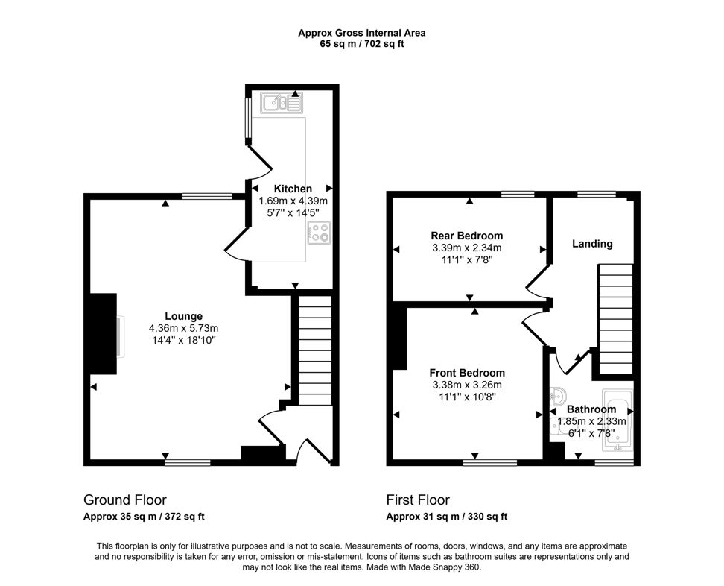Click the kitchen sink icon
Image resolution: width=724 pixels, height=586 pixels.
[x=282, y=103]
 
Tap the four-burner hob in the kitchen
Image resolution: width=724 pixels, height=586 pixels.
[x=319, y=233]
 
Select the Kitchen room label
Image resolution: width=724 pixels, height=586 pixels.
[x=293, y=189]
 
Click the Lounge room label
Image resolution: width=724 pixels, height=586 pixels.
[x=183, y=316]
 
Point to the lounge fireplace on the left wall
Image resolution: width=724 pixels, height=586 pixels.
[x=103, y=333]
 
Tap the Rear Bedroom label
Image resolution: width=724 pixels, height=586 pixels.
[x=466, y=236]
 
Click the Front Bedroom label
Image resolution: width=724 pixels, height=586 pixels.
[x=467, y=373]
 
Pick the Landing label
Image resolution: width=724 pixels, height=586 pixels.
[x=592, y=244]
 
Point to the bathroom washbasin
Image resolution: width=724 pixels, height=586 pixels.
[x=558, y=396]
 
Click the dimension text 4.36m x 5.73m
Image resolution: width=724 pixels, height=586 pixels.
[x=183, y=328]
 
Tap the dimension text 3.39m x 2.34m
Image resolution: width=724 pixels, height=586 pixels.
[x=466, y=248]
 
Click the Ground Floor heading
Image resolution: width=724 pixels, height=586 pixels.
[x=124, y=500]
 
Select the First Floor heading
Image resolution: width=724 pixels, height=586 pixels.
[x=418, y=500]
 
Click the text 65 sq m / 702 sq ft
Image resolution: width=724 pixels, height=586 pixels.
[x=362, y=44]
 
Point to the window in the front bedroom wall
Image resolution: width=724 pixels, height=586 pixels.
[x=489, y=462]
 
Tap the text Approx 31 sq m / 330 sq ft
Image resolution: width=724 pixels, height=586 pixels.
[x=447, y=517]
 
